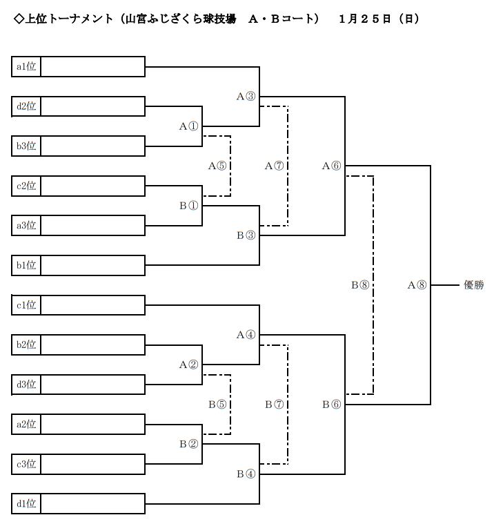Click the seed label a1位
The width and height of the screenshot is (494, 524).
[27, 67]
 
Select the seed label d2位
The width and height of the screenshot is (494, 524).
[27, 106]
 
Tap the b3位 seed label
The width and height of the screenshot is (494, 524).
[27, 146]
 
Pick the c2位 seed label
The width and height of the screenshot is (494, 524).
[27, 186]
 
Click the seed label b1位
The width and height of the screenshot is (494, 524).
[27, 265]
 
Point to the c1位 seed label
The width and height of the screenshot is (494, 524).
[27, 305]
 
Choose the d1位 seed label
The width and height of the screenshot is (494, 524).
[27, 504]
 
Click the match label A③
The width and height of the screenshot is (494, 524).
[246, 97]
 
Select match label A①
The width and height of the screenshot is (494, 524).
[188, 126]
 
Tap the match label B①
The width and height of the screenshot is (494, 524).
[188, 206]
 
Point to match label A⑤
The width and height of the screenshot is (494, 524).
[217, 166]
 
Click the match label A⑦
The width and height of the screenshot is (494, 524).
[274, 166]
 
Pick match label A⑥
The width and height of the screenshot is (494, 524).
[331, 166]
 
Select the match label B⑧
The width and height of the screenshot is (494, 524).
[360, 284]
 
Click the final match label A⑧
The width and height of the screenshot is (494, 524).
[417, 284]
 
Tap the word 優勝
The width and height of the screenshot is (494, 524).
[473, 284]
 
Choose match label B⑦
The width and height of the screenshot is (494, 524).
[274, 405]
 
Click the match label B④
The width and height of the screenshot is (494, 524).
[246, 474]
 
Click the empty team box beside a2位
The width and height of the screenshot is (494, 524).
[93, 424]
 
